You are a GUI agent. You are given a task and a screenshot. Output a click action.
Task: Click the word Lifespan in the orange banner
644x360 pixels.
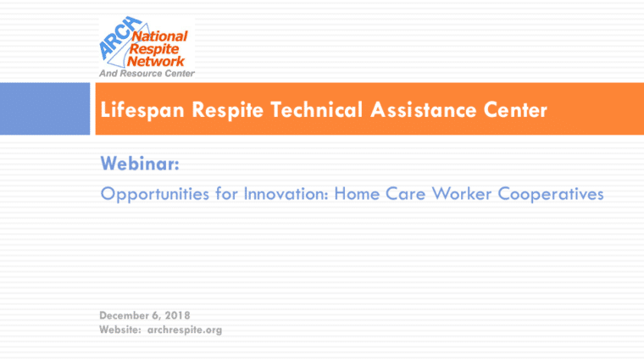coord(142,110)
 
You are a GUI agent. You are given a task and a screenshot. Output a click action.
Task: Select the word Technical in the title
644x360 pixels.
coord(316,109)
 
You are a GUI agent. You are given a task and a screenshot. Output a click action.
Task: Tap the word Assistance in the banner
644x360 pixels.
coord(423,109)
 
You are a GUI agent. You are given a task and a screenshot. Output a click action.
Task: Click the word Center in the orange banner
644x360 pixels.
coord(515,109)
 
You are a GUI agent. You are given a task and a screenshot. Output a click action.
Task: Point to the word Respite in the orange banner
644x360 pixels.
coord(227,110)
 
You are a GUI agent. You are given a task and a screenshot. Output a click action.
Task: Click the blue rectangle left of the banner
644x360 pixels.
coord(45,108)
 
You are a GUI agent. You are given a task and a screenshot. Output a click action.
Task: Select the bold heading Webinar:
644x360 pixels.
coord(140,163)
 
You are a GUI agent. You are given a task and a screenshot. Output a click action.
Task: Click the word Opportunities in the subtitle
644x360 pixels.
coord(155,194)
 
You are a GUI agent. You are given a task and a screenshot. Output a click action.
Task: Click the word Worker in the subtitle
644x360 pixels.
coord(461,193)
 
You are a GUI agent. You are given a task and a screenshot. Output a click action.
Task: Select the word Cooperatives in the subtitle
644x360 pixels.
coord(551,194)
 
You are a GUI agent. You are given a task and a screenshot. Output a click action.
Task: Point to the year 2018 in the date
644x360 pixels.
coord(177,315)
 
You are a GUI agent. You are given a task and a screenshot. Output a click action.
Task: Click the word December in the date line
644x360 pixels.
coord(124,315)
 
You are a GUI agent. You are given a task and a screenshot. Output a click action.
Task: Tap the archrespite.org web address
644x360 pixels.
coord(185,330)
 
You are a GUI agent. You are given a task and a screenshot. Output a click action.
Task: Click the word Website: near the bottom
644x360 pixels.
coord(120,330)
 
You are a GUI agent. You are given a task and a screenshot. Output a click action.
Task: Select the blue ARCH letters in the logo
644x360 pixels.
coord(119,38)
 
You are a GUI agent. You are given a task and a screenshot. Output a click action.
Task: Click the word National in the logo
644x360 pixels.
coord(160,36)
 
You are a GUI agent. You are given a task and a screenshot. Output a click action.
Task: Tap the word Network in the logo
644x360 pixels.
coord(156,62)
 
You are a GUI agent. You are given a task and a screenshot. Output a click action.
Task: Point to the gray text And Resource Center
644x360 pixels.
coord(147,74)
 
